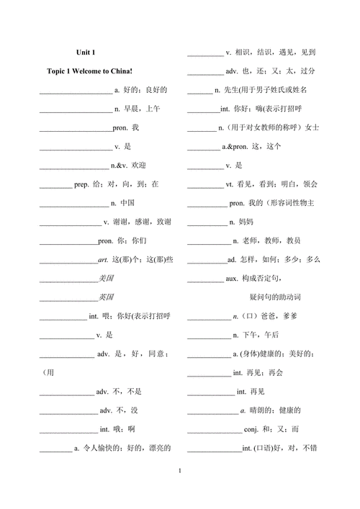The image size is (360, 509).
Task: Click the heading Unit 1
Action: (x=86, y=53)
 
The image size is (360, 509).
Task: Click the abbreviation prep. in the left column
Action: (x=81, y=184)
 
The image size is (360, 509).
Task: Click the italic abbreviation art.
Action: (x=102, y=259)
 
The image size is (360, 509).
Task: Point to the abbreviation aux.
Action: (x=235, y=278)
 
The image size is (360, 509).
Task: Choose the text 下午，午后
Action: (x=261, y=335)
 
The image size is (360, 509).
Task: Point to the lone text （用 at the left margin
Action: (x=48, y=372)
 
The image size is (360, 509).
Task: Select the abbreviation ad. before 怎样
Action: (x=232, y=259)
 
